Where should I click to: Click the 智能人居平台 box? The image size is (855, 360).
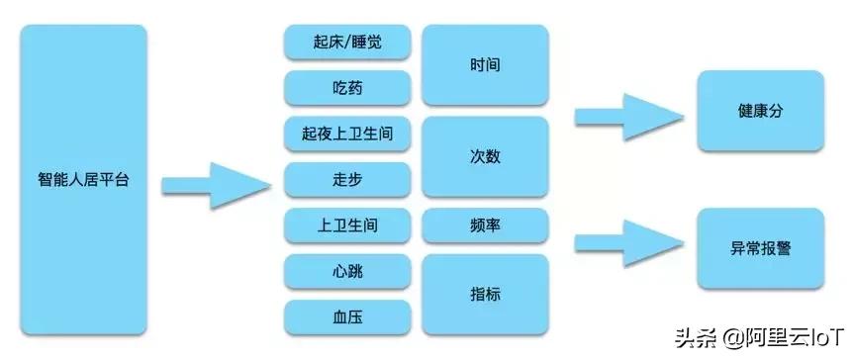84,181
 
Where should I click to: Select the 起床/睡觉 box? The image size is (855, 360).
347,45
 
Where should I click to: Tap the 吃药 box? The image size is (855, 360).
347,89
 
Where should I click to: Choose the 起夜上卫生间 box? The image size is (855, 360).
347,135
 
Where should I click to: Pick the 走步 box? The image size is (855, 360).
347,181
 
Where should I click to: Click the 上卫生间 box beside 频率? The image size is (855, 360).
347,225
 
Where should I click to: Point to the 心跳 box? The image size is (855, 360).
347,271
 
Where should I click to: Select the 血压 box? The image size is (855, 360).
347,315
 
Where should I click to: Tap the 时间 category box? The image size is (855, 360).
485,66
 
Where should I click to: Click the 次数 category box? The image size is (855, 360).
485,157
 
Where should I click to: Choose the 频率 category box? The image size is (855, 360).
485,225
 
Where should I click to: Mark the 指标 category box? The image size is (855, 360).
485,294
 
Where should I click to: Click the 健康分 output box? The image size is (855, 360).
760,112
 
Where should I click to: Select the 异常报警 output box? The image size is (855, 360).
760,248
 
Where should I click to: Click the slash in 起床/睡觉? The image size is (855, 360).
346,45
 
